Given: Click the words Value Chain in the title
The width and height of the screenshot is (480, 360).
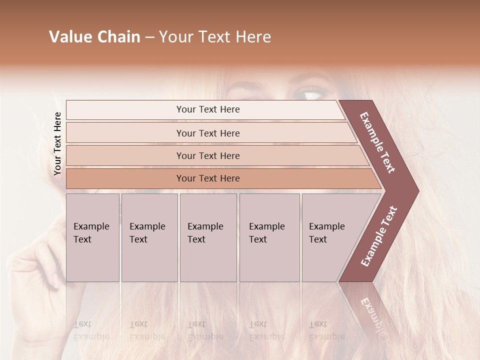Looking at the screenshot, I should coord(94,37).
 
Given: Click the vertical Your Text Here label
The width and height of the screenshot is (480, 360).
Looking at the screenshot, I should coord(57,143).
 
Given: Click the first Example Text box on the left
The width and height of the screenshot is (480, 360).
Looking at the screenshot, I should coord(92,237).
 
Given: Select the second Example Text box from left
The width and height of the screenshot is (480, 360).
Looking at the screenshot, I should coord(149,237).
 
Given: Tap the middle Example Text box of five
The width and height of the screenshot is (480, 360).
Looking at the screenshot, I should coord(208,237).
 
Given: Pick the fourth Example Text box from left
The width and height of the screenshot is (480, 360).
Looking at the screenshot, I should coord(269,237).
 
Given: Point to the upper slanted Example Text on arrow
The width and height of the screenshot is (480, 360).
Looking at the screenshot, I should coord(377,142).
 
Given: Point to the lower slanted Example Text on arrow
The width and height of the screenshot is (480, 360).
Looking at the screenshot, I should coord(379,236).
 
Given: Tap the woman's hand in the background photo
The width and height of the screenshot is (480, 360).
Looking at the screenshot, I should coord(37,270).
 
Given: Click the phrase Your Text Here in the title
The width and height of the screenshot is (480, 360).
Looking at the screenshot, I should coord(215,37).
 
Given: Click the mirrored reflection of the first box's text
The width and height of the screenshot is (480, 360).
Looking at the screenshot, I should coord(91,330).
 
